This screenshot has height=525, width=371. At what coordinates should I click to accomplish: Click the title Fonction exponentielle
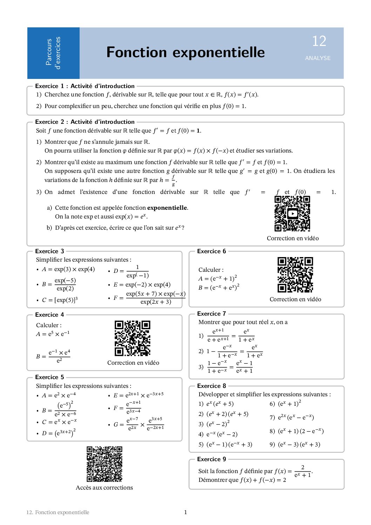(x=185, y=52)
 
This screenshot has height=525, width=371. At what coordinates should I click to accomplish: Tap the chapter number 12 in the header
(x=319, y=41)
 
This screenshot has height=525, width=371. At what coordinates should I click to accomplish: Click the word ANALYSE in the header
(x=318, y=58)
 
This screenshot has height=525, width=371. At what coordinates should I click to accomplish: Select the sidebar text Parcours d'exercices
(x=53, y=53)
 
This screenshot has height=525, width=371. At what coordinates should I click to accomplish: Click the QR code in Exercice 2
(x=292, y=214)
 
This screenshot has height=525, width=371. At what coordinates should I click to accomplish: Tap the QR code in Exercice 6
(x=295, y=275)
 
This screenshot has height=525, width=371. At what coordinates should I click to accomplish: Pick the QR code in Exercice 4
(x=133, y=338)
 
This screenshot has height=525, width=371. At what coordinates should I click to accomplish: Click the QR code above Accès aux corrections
(x=104, y=464)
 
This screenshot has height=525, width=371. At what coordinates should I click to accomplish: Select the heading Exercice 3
(x=49, y=251)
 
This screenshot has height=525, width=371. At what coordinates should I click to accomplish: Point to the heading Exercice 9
(x=211, y=459)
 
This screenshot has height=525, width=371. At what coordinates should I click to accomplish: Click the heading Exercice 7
(x=211, y=314)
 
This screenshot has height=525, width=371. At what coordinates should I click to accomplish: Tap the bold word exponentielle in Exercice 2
(x=167, y=208)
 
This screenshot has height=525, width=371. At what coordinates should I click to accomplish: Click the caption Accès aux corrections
(x=104, y=487)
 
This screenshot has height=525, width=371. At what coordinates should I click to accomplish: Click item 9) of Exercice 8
(x=295, y=444)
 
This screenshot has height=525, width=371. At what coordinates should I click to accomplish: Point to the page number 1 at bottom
(x=185, y=512)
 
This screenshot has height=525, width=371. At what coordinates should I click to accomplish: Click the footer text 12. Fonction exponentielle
(x=58, y=512)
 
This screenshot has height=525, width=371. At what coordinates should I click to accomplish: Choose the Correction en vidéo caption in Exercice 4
(x=133, y=363)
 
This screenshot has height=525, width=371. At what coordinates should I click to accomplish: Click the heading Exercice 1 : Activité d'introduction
(x=85, y=86)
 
